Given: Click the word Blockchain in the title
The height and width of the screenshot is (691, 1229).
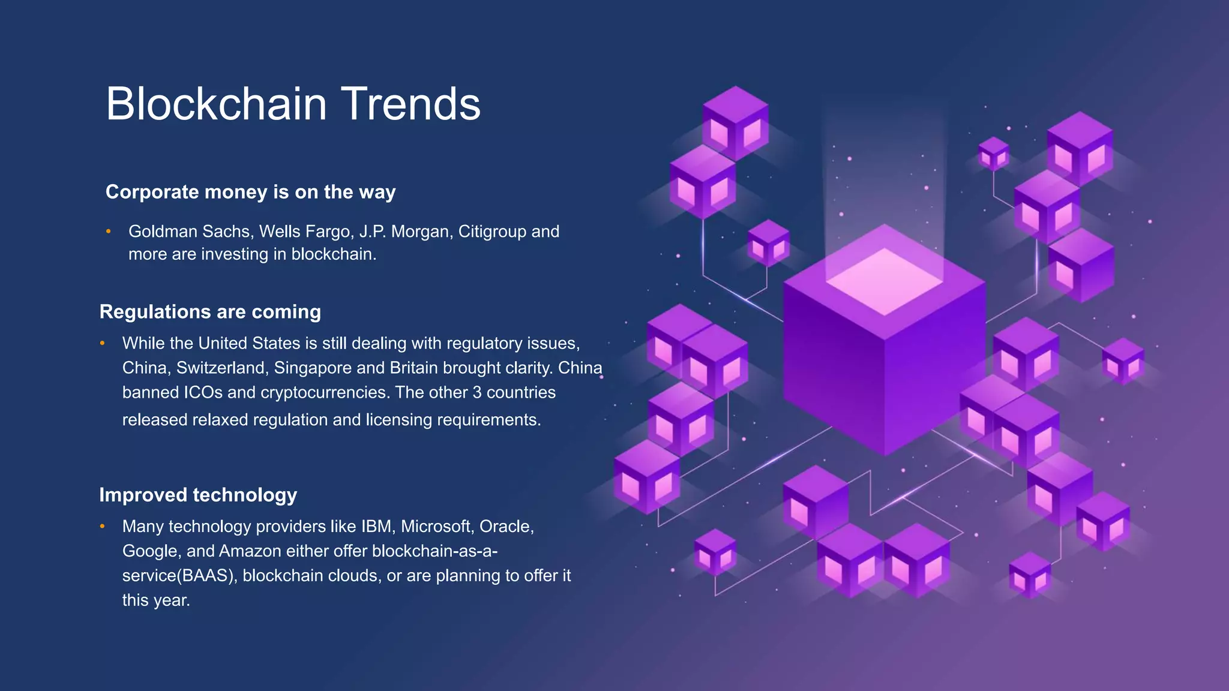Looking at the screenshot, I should tap(216, 104).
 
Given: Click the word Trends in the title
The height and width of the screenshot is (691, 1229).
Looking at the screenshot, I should tap(411, 104).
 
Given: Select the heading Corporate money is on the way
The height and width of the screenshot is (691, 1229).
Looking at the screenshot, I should tap(250, 192).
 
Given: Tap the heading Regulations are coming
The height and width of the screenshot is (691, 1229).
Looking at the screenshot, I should tap(210, 312).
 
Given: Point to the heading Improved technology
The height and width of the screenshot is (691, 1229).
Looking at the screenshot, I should tap(198, 495).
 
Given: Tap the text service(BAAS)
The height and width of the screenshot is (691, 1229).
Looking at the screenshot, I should tap(179, 576).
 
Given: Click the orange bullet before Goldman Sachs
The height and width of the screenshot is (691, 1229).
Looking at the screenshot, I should tap(109, 232).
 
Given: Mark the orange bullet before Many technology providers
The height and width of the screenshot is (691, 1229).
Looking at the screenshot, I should tap(103, 527).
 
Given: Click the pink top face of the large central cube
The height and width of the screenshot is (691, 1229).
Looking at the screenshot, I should tap(884, 281).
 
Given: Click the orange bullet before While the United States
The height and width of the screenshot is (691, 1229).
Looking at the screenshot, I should tap(103, 343).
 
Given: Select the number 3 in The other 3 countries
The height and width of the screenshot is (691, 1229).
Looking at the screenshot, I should tap(477, 392).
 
